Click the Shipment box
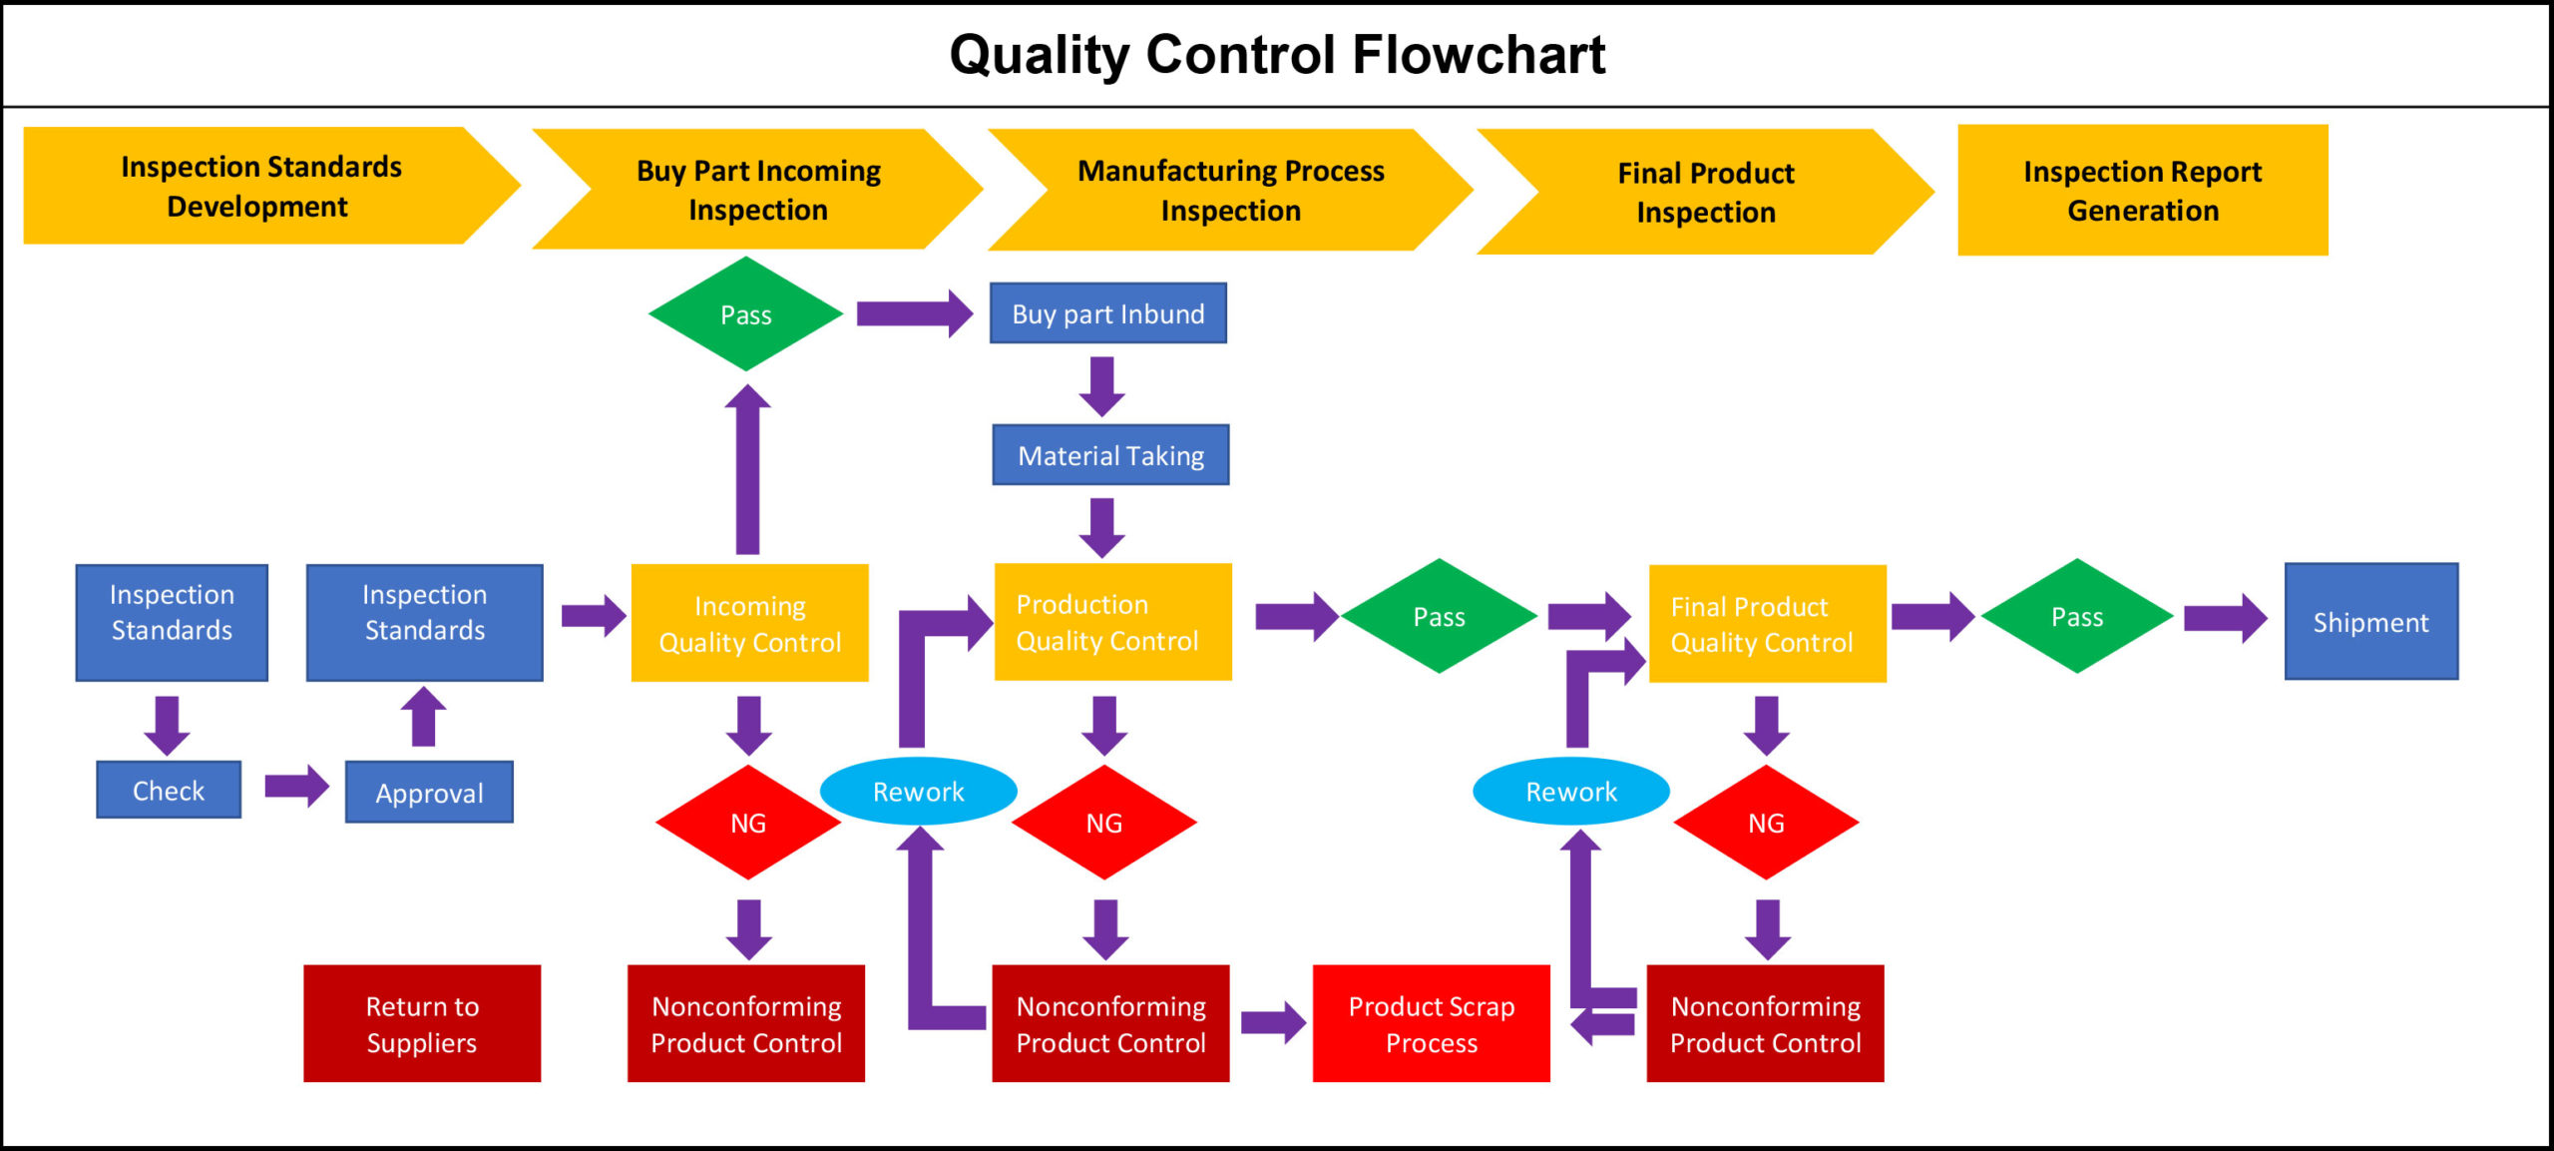tap(2370, 622)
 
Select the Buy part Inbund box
tap(1107, 313)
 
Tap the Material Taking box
tap(1110, 455)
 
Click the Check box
tap(169, 790)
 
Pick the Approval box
tap(429, 793)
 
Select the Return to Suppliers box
tap(422, 1023)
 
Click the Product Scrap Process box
tap(1431, 1023)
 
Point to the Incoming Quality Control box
tap(749, 623)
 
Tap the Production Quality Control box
tap(1112, 622)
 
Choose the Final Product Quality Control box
tap(1767, 624)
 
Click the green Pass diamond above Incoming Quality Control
tap(745, 314)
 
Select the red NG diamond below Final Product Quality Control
tap(1766, 823)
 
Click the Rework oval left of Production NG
tap(918, 792)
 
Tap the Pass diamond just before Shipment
tap(2077, 617)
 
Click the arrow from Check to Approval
tap(296, 787)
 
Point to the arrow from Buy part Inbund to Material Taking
tap(1101, 385)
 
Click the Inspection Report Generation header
tap(2142, 191)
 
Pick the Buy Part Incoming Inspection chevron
tap(758, 190)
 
